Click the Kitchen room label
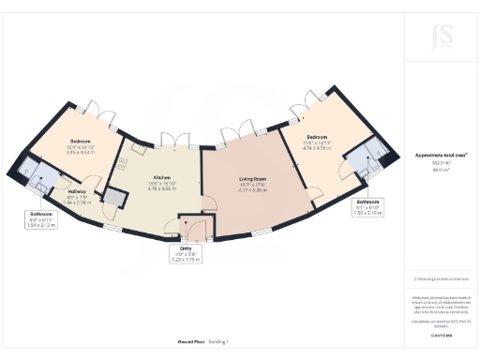coord(160,177)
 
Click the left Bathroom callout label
coord(40,214)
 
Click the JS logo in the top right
coord(441,36)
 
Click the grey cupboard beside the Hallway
coord(114,197)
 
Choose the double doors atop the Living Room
coord(236,129)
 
